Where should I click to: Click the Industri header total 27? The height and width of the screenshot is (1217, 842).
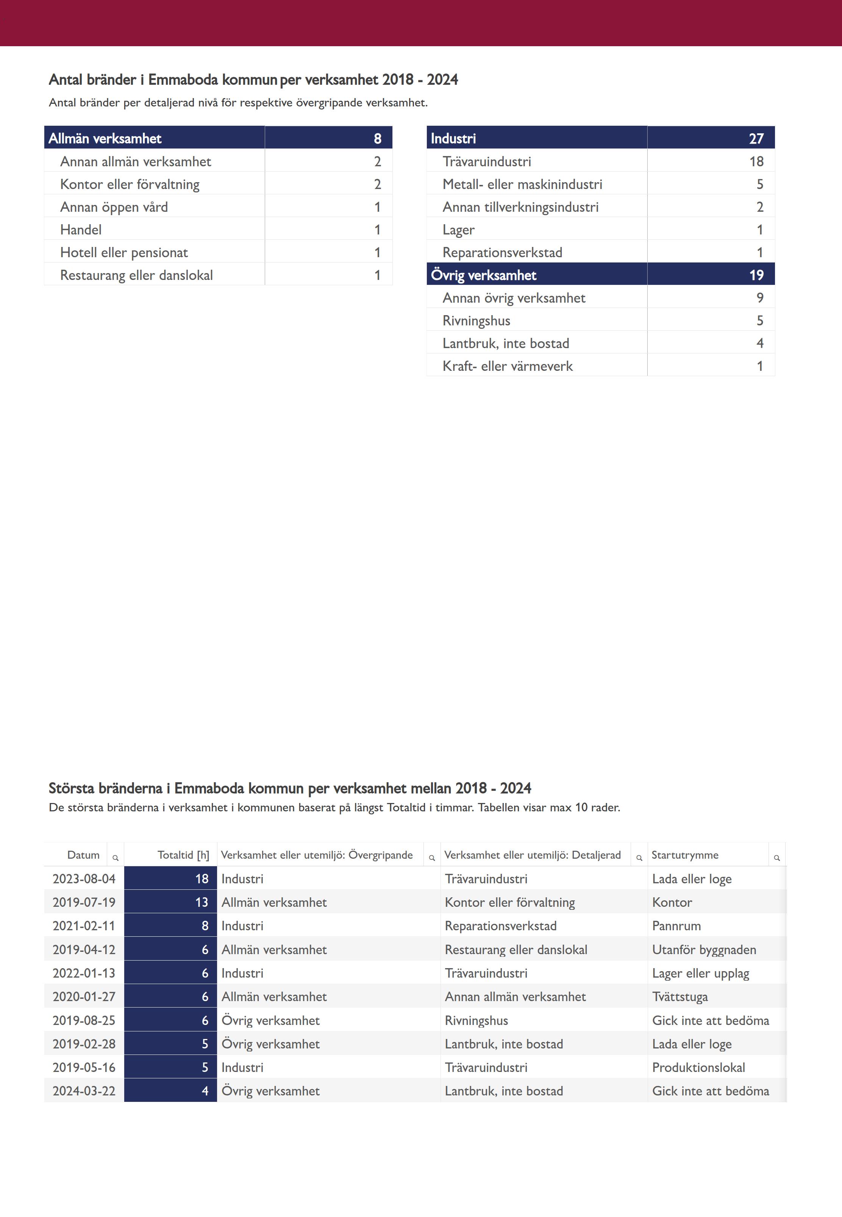pyautogui.click(x=756, y=138)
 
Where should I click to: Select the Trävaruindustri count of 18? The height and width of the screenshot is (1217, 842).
pyautogui.click(x=756, y=161)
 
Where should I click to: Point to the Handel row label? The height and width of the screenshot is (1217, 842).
pyautogui.click(x=81, y=230)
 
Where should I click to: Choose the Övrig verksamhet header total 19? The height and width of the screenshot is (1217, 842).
pyautogui.click(x=756, y=275)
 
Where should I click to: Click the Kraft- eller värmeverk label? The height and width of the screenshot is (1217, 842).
pyautogui.click(x=507, y=366)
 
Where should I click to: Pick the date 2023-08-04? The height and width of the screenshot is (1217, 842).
pyautogui.click(x=84, y=879)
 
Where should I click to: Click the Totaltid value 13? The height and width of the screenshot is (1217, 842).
pyautogui.click(x=202, y=903)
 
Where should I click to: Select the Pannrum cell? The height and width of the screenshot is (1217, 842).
pyautogui.click(x=676, y=926)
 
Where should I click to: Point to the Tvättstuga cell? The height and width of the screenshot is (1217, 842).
pyautogui.click(x=680, y=997)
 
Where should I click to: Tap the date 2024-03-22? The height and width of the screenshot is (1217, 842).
pyautogui.click(x=84, y=1091)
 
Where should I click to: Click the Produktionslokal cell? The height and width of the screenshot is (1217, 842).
pyautogui.click(x=698, y=1068)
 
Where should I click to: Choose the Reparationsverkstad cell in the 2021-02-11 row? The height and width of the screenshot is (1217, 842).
pyautogui.click(x=500, y=926)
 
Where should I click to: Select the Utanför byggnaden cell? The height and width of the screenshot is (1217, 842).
pyautogui.click(x=704, y=950)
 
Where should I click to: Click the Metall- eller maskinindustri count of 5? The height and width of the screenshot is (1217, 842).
pyautogui.click(x=759, y=184)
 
